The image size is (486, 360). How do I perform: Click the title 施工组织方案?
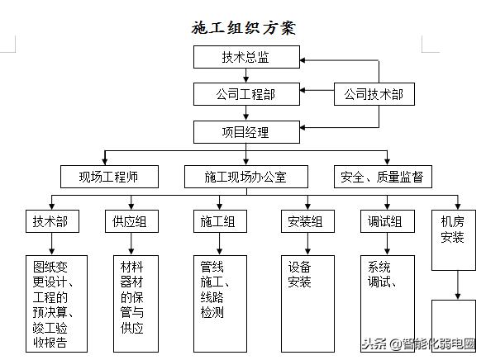click(243, 27)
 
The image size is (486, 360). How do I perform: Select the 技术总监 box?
click(245, 57)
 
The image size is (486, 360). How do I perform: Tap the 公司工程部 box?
click(245, 94)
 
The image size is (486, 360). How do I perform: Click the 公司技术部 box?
click(374, 94)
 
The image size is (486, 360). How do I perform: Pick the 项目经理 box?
click(245, 131)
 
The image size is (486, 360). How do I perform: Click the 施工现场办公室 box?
click(245, 176)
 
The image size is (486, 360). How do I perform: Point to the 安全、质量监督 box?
click(383, 176)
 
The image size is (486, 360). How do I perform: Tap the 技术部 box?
click(50, 221)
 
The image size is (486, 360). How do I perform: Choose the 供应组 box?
click(131, 221)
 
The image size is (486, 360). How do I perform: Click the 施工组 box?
click(219, 221)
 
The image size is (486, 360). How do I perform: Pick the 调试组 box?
click(386, 221)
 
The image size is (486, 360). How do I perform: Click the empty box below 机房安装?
click(454, 326)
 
